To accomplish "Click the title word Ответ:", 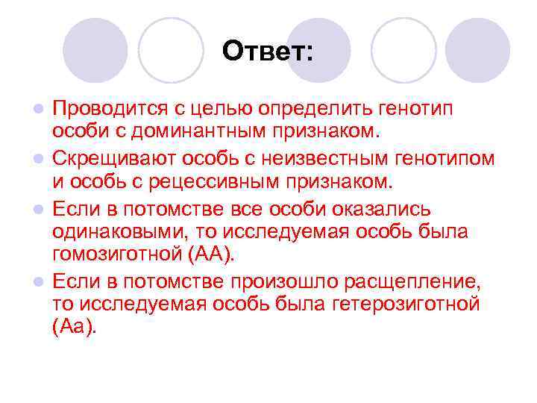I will [x=268, y=51].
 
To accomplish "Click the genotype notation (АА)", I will [x=210, y=254].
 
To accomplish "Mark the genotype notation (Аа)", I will [x=75, y=328].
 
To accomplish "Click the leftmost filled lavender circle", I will [x=95, y=50].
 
